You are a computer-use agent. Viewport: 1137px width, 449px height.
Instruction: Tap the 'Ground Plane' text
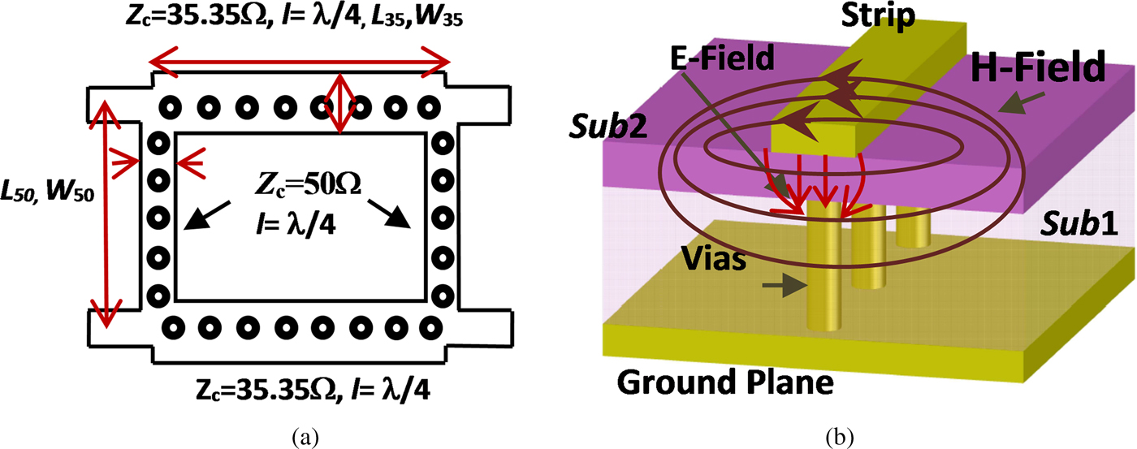pyautogui.click(x=725, y=382)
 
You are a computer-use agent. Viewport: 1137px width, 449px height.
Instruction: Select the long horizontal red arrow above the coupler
pyautogui.click(x=297, y=61)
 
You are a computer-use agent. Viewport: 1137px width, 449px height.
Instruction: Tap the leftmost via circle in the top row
pyautogui.click(x=169, y=106)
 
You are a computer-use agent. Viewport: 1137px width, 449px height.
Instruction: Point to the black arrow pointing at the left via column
pyautogui.click(x=203, y=216)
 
